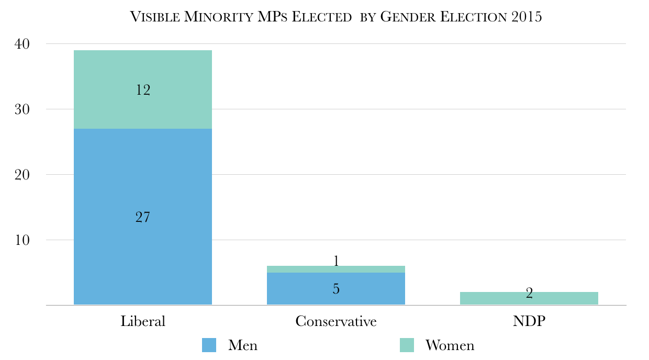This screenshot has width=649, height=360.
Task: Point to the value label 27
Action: coord(143,217)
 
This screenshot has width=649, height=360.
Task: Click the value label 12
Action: coord(143,90)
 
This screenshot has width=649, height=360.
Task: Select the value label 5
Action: coord(336,288)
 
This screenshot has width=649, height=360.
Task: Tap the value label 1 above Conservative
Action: coord(336,261)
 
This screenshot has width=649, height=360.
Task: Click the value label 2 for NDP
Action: coord(529,294)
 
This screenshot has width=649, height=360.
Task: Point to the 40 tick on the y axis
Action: coord(23,44)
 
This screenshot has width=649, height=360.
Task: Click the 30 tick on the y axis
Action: coord(23,109)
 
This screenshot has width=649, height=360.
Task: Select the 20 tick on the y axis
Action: coord(23,175)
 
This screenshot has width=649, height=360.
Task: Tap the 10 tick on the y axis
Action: coord(23,240)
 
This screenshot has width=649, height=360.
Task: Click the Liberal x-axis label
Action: coord(143,321)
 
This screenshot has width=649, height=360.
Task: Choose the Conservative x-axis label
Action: coord(336,321)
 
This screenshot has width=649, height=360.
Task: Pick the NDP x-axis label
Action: coord(529,321)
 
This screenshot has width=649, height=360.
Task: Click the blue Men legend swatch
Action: coord(209,345)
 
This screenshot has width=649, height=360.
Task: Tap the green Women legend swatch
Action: coord(407,345)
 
